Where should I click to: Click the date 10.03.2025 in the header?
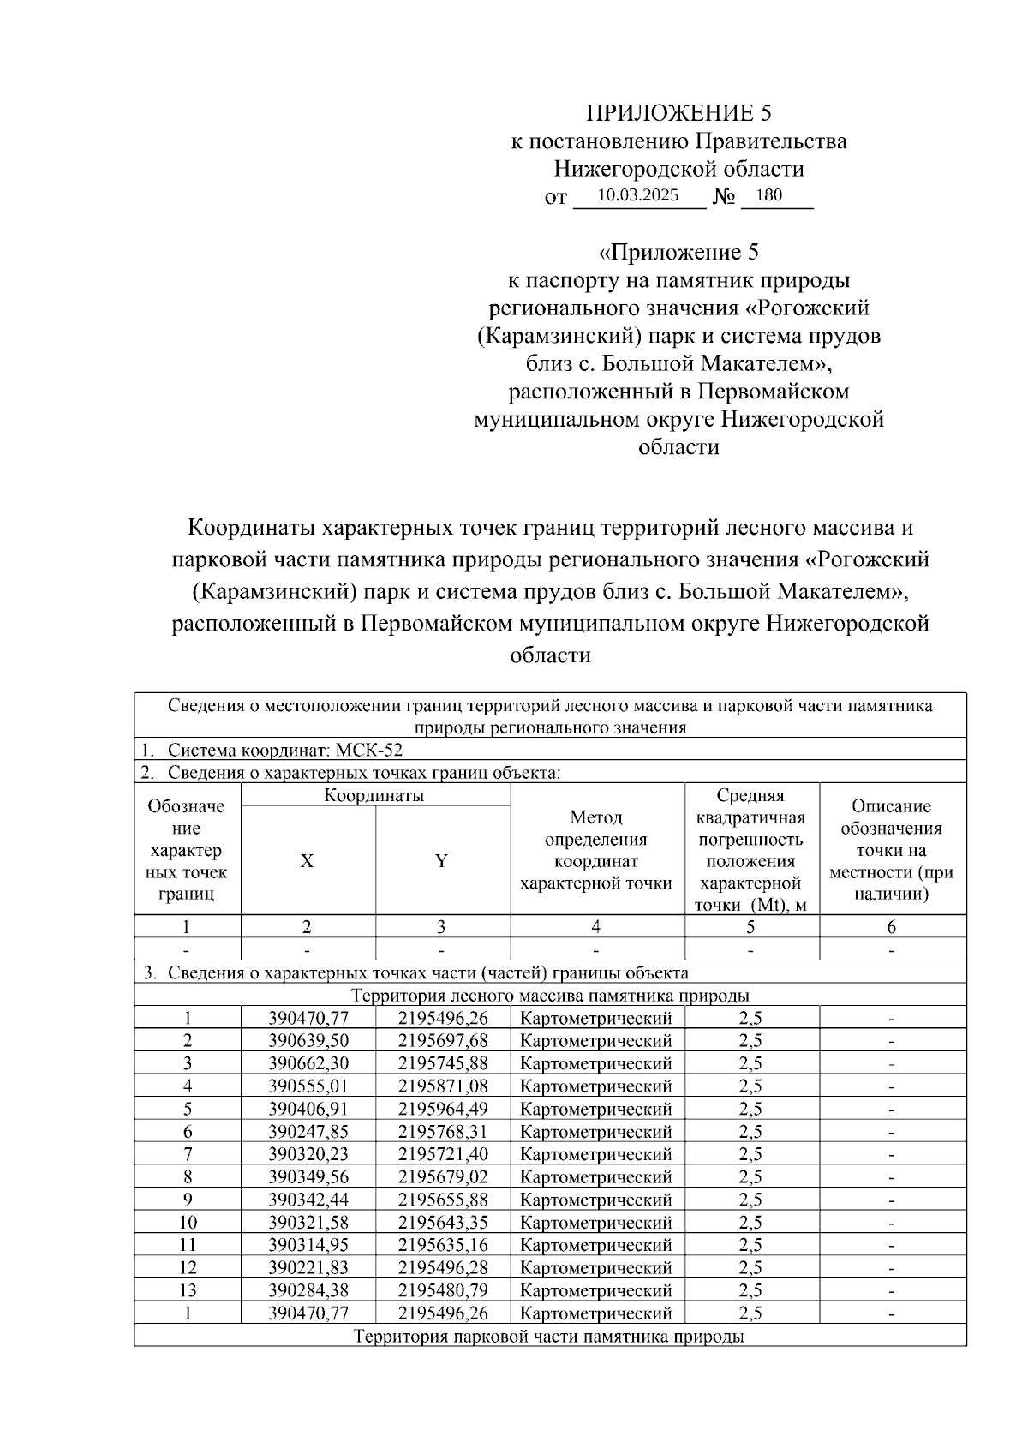pyautogui.click(x=637, y=195)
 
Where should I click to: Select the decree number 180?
pyautogui.click(x=768, y=195)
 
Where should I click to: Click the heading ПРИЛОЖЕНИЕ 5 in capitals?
pyautogui.click(x=678, y=114)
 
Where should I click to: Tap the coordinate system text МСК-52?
pyautogui.click(x=368, y=751)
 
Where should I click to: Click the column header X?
pyautogui.click(x=307, y=861)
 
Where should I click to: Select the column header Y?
pyautogui.click(x=441, y=861)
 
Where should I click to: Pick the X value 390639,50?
pyautogui.click(x=308, y=1041)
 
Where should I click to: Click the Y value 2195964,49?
pyautogui.click(x=443, y=1109)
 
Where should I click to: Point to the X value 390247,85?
pyautogui.click(x=308, y=1132)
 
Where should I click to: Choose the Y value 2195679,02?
pyautogui.click(x=443, y=1177)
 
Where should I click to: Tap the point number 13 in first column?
pyautogui.click(x=188, y=1290)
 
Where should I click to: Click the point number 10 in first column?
pyautogui.click(x=188, y=1223)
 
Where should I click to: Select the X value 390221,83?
pyautogui.click(x=308, y=1268)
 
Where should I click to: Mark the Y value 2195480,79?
pyautogui.click(x=443, y=1290)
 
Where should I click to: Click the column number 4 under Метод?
pyautogui.click(x=596, y=927)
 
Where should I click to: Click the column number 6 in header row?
pyautogui.click(x=891, y=927)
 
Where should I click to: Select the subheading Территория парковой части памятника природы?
pyautogui.click(x=549, y=1337)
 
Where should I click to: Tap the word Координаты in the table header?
pyautogui.click(x=374, y=795)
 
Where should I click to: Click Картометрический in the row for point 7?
pyautogui.click(x=596, y=1154)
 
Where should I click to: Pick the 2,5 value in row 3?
pyautogui.click(x=750, y=1063)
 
